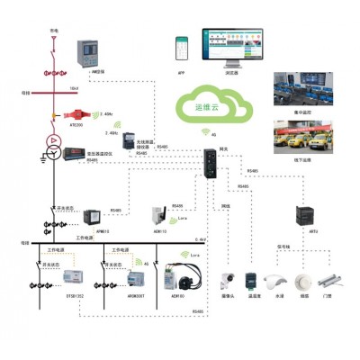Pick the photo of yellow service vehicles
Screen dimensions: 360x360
(x=301, y=139)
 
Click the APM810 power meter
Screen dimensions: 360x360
(x=94, y=216)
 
